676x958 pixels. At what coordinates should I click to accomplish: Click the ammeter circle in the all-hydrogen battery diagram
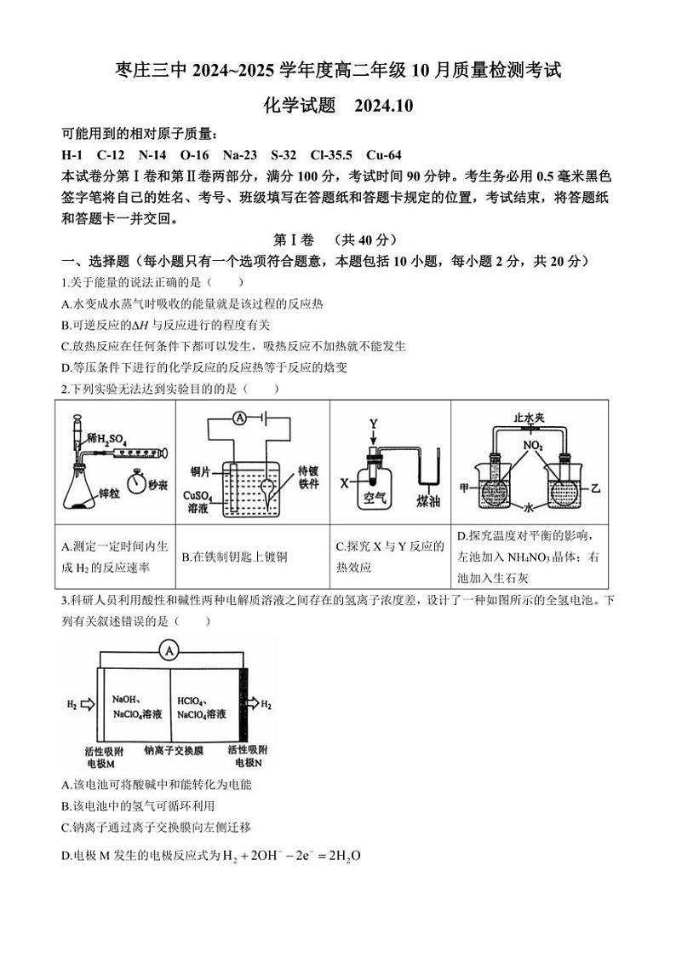pyautogui.click(x=169, y=650)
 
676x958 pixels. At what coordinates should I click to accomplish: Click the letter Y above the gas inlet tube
pyautogui.click(x=372, y=424)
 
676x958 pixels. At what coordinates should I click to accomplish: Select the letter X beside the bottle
pyautogui.click(x=345, y=482)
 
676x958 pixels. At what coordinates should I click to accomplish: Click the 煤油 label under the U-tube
pyautogui.click(x=428, y=501)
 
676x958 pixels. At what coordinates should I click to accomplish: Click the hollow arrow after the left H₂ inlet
pyautogui.click(x=85, y=704)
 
